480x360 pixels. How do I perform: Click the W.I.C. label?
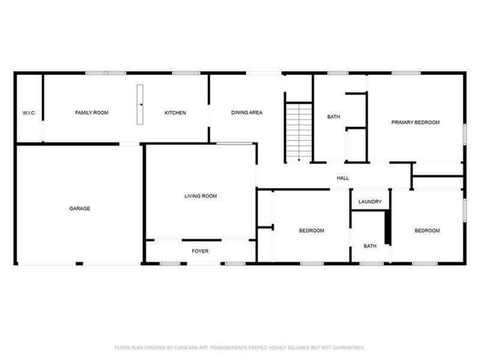tap(29, 113)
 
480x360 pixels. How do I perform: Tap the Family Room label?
tap(91, 112)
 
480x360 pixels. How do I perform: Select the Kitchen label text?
tap(175, 112)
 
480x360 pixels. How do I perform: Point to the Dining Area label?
tap(246, 112)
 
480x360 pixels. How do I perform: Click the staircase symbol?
tap(298, 130)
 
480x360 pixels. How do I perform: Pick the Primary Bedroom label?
tap(415, 122)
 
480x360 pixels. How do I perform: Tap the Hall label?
tap(343, 178)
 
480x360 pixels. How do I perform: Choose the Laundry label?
tap(370, 202)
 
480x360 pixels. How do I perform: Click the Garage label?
tap(79, 208)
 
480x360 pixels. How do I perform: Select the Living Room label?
tap(200, 196)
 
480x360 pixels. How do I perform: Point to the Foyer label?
tap(200, 250)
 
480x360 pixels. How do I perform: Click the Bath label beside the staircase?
tap(334, 117)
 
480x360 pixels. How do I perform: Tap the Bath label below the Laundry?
tap(370, 245)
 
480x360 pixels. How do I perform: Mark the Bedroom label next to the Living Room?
tap(311, 230)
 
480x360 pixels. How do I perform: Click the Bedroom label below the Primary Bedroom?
tap(427, 230)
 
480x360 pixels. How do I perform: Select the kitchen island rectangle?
tap(139, 105)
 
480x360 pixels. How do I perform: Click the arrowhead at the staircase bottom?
tap(298, 159)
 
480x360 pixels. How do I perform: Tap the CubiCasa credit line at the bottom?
tap(239, 347)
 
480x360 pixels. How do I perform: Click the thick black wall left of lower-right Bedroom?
tap(388, 226)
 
